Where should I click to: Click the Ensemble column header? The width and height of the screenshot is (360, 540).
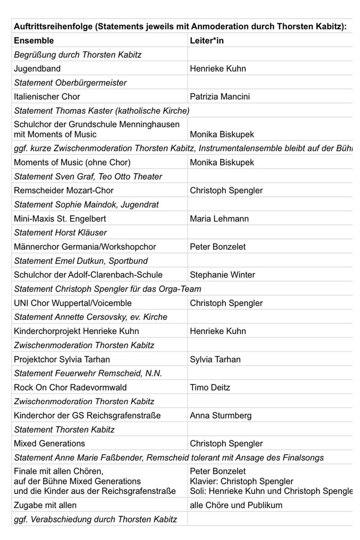click(33, 40)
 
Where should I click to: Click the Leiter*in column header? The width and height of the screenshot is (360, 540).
click(207, 40)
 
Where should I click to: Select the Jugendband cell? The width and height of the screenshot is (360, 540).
click(38, 68)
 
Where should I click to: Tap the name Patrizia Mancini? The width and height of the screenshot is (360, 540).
click(220, 96)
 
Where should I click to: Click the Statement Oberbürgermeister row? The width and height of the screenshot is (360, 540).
click(70, 82)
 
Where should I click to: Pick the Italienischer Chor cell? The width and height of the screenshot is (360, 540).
click(47, 96)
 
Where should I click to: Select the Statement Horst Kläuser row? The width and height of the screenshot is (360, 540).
click(61, 233)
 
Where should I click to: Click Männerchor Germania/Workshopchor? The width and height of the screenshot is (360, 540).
click(85, 247)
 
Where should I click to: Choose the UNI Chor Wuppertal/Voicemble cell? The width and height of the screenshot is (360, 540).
click(73, 303)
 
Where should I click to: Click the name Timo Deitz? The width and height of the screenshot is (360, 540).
click(208, 388)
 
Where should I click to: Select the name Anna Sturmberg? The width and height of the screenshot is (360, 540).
click(220, 415)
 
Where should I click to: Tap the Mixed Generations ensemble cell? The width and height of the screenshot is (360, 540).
click(49, 444)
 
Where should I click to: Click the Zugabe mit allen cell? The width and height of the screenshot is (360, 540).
click(46, 505)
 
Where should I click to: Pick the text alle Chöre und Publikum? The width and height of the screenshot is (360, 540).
click(236, 505)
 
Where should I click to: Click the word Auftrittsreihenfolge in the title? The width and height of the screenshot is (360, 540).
click(53, 26)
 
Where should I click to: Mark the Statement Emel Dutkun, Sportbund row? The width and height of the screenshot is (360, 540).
click(81, 261)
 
